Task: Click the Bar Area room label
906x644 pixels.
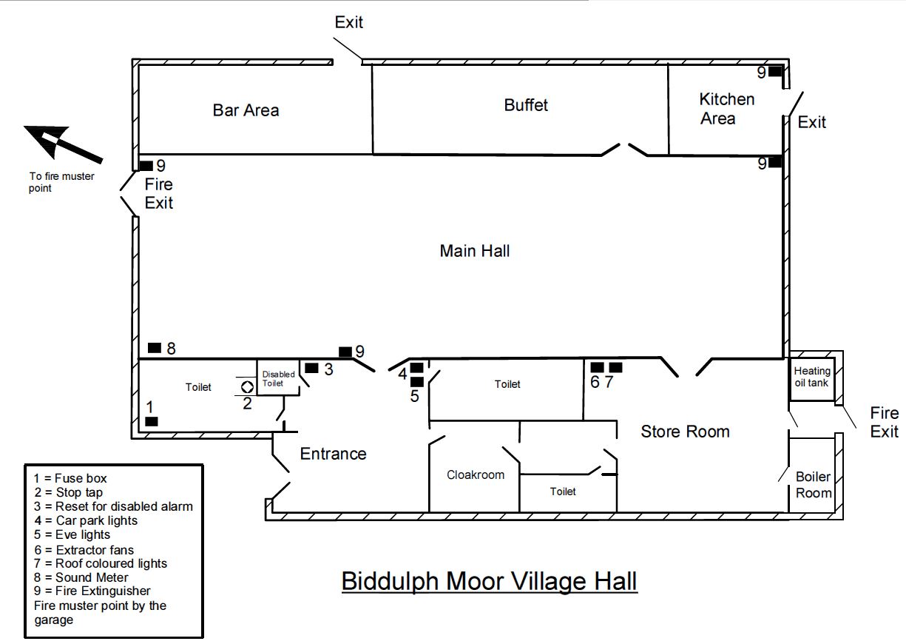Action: [246, 110]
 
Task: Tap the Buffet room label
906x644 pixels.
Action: [526, 105]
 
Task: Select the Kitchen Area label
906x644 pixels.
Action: [726, 109]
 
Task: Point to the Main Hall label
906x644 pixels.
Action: [474, 251]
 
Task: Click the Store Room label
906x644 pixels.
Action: [685, 432]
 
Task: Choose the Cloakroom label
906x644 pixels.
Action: [476, 474]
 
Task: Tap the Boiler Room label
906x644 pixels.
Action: [814, 485]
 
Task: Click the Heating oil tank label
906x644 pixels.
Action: [812, 377]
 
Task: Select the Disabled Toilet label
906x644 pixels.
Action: [278, 379]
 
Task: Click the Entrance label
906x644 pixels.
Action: [334, 454]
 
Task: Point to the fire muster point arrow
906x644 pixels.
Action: [64, 144]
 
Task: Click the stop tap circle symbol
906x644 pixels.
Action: [247, 387]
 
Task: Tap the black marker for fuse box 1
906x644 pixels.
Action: [152, 421]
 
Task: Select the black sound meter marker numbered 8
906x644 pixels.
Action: [155, 348]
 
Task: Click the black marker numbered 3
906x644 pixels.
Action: [311, 368]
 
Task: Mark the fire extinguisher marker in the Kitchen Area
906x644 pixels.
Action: [775, 72]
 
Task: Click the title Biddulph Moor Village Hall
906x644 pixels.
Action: [490, 581]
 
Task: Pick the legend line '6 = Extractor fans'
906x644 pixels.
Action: [84, 550]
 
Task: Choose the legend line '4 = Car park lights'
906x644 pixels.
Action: [86, 520]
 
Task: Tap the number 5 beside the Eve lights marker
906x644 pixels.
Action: [415, 396]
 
